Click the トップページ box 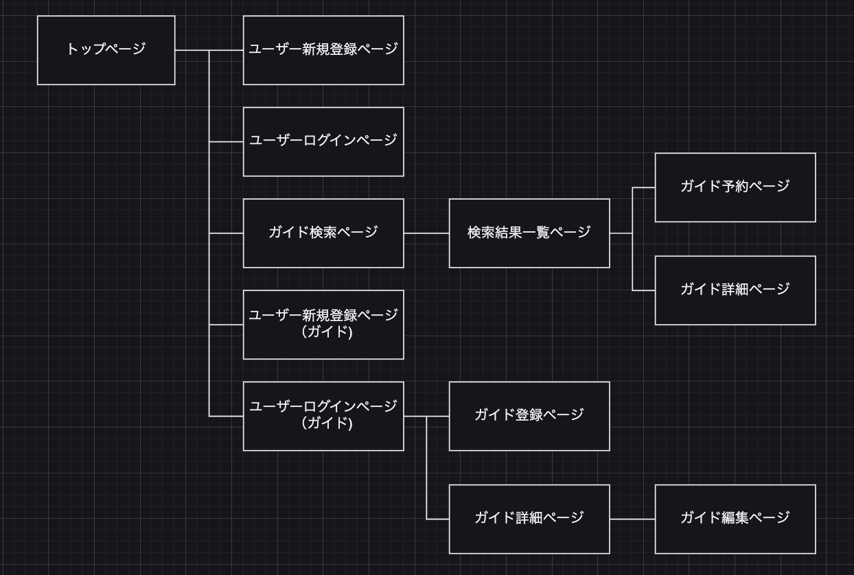pos(106,50)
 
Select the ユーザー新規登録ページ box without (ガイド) pos(323,50)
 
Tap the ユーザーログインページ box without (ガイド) pos(323,141)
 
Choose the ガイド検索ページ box pos(323,233)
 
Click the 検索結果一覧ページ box pos(529,233)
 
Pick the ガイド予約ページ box pos(735,187)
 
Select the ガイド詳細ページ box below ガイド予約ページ pos(735,290)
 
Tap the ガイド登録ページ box pos(529,416)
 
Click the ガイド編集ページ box pos(735,519)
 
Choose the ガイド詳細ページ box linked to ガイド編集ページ pos(529,519)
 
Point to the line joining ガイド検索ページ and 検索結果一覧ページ pos(426,233)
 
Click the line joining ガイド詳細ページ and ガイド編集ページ pos(632,519)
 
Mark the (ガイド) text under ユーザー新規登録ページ pos(327,332)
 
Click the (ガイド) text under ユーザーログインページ pos(327,423)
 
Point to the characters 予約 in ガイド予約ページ pos(735,186)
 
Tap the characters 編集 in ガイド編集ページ pos(735,517)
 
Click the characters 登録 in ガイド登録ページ pos(529,414)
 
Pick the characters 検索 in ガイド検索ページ pos(323,232)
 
